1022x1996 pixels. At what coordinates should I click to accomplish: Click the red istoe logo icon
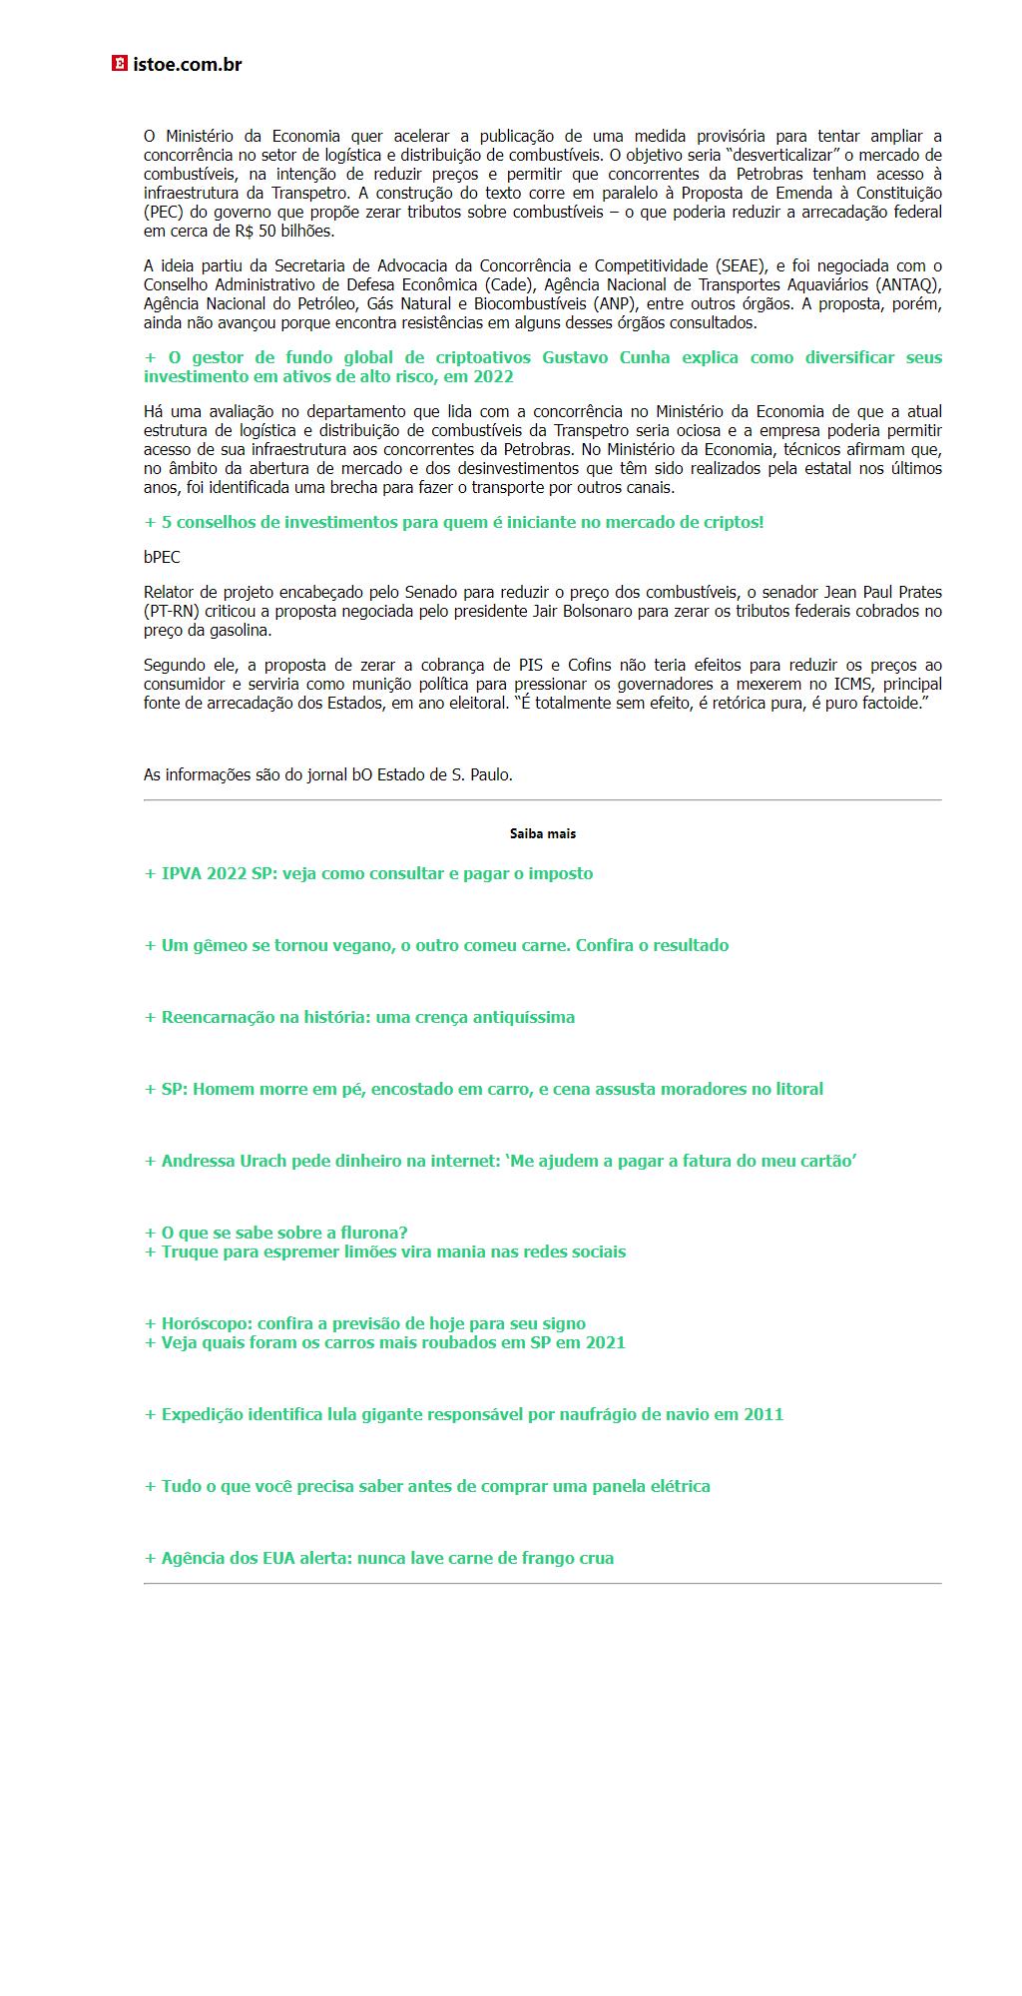[x=120, y=65]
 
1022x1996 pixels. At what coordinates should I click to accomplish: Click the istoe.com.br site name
[x=188, y=65]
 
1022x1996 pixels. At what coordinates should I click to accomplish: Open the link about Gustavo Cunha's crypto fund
[x=542, y=366]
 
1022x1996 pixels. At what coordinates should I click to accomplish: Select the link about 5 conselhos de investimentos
[x=454, y=522]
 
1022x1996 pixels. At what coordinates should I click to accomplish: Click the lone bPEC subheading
[x=162, y=557]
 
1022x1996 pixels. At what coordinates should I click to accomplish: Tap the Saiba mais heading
[x=542, y=833]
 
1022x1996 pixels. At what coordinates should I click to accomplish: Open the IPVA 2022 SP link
[x=369, y=873]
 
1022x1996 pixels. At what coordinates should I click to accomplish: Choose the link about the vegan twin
[x=437, y=945]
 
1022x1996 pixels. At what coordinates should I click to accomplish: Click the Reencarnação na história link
[x=360, y=1017]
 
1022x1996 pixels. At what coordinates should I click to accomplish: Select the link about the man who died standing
[x=484, y=1089]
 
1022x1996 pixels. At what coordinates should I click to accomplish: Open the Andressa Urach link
[x=501, y=1161]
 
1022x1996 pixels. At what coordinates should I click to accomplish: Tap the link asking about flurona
[x=276, y=1233]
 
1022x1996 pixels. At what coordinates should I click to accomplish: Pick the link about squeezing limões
[x=385, y=1251]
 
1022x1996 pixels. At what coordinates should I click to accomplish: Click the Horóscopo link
[x=365, y=1323]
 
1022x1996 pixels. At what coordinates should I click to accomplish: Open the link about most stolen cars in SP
[x=385, y=1342]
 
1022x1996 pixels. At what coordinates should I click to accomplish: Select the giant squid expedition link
[x=464, y=1414]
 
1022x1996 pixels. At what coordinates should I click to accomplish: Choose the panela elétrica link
[x=427, y=1486]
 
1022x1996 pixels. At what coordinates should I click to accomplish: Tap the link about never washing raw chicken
[x=379, y=1558]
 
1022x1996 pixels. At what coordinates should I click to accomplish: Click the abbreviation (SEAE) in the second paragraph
[x=741, y=265]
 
